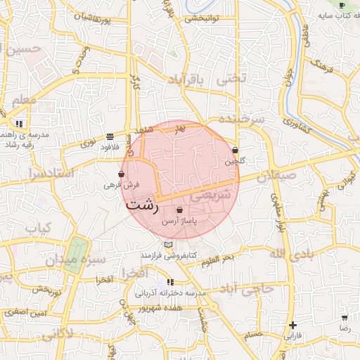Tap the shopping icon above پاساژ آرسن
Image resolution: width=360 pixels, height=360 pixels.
point(180,210)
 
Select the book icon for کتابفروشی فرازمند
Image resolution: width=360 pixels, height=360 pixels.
point(167,245)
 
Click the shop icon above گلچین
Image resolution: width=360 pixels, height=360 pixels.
point(235,150)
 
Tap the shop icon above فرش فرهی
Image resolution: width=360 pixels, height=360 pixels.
point(122,174)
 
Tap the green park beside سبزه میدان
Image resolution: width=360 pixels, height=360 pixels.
point(76,254)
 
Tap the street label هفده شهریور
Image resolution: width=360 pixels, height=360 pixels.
point(160,308)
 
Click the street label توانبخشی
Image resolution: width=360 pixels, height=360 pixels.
point(203,19)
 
